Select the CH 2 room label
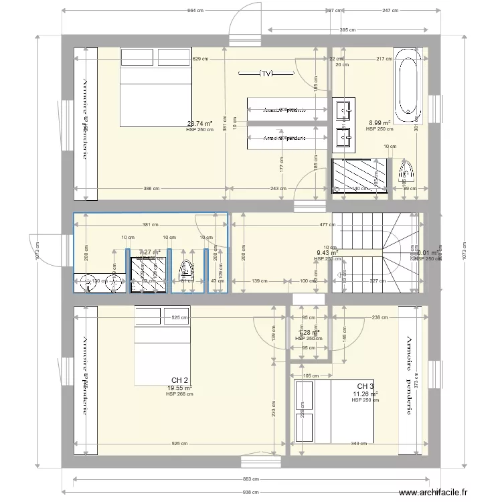[x=179, y=380]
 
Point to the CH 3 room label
[x=365, y=387]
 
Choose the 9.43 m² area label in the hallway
[x=327, y=253]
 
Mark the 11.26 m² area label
[x=365, y=394]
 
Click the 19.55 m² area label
[x=179, y=388]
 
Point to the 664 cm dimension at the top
[x=196, y=11]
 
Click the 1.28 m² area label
[x=308, y=332]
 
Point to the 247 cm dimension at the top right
[x=390, y=11]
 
